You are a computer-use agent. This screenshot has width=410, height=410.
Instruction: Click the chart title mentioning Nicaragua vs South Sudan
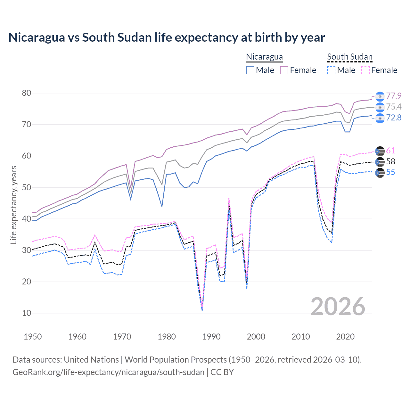coord(167,37)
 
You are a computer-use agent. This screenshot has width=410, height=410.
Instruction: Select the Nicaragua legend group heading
coord(264,57)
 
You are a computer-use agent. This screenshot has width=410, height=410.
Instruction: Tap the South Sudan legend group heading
coord(349,57)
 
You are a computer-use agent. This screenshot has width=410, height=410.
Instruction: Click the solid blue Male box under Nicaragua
coord(250,70)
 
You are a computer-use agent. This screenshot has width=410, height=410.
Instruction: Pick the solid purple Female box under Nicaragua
coord(284,70)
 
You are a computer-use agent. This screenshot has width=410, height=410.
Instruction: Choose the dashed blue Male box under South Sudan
coord(331,70)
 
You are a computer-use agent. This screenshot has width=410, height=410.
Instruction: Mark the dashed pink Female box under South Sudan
coord(365,70)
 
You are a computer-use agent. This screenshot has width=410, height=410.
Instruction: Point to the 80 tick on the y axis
coord(27,93)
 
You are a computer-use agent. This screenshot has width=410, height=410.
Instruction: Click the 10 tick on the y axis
coord(27,313)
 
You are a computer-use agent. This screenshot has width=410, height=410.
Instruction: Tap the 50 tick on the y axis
coord(27,187)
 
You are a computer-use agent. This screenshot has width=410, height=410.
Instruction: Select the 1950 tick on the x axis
coord(33,337)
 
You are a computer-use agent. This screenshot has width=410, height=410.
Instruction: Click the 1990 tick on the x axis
coord(211,337)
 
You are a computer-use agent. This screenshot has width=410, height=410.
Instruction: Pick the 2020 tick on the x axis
coord(345,337)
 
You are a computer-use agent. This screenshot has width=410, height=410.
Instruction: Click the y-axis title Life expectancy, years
coord(13,205)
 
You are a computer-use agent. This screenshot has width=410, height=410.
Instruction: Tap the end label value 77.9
coord(394,96)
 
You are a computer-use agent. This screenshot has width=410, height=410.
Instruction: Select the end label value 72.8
coord(394,118)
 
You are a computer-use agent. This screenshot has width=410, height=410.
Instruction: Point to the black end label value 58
coord(390,161)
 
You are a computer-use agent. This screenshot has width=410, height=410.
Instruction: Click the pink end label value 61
coord(390,151)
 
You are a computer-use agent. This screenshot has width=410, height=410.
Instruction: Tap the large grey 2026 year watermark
coord(338,307)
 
